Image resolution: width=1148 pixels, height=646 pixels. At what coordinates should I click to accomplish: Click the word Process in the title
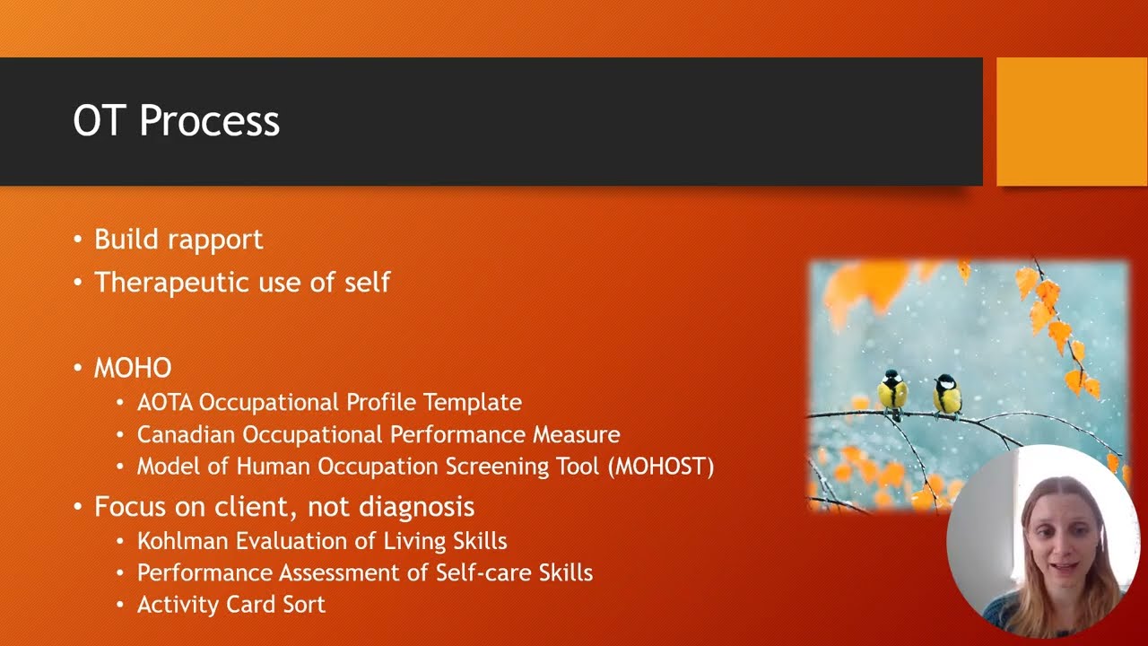209,121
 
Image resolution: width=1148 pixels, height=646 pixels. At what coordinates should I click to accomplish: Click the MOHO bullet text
133,368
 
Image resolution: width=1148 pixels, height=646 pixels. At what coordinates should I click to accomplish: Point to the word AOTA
164,403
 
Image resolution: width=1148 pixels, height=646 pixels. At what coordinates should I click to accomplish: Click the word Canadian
186,435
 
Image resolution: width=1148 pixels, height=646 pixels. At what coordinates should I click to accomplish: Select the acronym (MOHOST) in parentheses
661,467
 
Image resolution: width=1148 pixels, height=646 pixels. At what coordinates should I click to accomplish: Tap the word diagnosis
416,508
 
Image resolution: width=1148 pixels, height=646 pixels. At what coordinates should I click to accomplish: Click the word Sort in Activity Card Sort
304,605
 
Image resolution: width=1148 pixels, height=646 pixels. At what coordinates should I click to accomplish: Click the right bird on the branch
946,396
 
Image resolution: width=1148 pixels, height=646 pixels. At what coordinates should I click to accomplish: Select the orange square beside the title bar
1072,121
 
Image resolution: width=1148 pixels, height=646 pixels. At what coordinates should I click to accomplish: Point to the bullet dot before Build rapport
78,240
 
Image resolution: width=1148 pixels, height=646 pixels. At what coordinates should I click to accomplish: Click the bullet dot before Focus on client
78,507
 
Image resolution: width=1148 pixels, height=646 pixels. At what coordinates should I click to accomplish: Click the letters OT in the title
100,121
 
